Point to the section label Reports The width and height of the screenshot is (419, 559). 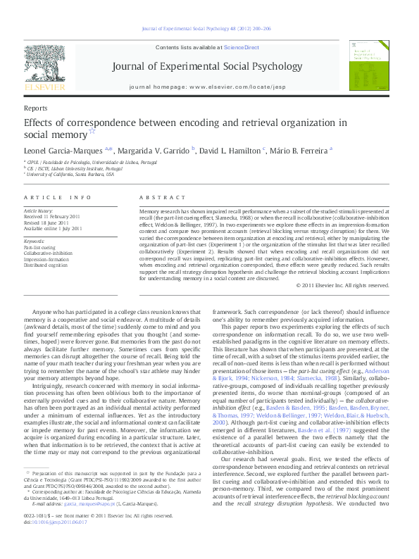pyautogui.click(x=35, y=108)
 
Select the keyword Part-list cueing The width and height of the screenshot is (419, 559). pyautogui.click(x=39, y=248)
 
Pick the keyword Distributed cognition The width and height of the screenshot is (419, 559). pyautogui.click(x=46, y=265)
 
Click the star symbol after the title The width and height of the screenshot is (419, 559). pyautogui.click(x=91, y=132)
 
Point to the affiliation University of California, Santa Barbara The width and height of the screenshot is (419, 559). pyautogui.click(x=71, y=175)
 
